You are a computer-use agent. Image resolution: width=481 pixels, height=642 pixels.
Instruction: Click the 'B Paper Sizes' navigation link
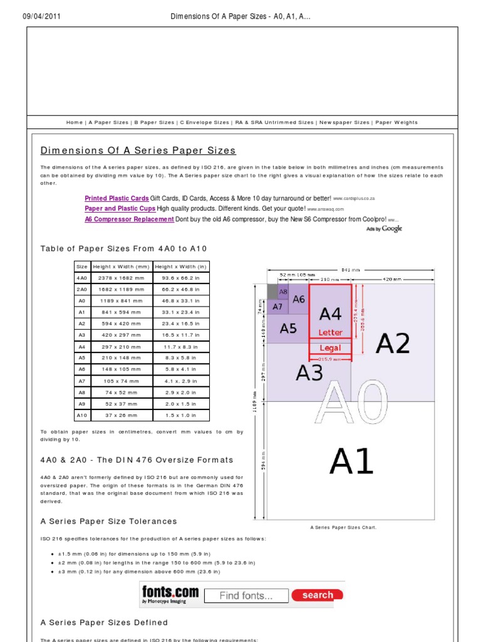click(x=153, y=123)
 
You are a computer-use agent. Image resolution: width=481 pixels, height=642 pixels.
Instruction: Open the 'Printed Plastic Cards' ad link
click(x=116, y=198)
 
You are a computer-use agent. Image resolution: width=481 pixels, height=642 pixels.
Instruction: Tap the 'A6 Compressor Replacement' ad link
click(x=129, y=219)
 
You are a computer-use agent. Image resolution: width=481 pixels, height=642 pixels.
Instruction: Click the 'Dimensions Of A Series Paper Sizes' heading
click(x=138, y=150)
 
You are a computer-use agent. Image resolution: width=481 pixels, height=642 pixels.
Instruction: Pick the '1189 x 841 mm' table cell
click(x=121, y=300)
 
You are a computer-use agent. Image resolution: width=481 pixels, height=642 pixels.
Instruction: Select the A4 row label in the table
click(x=82, y=346)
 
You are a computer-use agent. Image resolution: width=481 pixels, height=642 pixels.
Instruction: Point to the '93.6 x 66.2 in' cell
click(x=181, y=277)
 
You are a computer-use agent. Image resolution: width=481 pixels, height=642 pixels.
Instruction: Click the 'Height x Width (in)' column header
click(x=181, y=266)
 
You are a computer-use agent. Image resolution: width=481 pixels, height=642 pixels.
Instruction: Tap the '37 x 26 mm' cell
click(x=121, y=415)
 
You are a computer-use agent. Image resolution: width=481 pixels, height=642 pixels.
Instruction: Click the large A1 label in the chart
click(x=351, y=462)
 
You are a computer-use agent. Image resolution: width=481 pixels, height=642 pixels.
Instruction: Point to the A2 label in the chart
click(x=393, y=344)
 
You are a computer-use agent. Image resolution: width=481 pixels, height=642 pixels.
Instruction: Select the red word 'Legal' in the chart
click(x=330, y=347)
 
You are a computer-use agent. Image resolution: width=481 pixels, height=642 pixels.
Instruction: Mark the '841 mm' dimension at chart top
click(x=352, y=271)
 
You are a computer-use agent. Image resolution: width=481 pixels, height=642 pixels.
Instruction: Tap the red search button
click(x=317, y=595)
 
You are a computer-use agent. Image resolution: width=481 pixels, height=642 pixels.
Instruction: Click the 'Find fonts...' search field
click(x=246, y=596)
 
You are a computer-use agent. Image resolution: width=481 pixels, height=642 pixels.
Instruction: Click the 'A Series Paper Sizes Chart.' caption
click(x=344, y=527)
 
